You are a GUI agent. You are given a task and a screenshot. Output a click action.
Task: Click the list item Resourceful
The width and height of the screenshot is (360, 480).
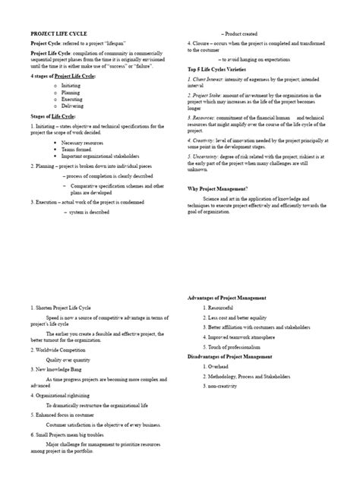tap(223, 308)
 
